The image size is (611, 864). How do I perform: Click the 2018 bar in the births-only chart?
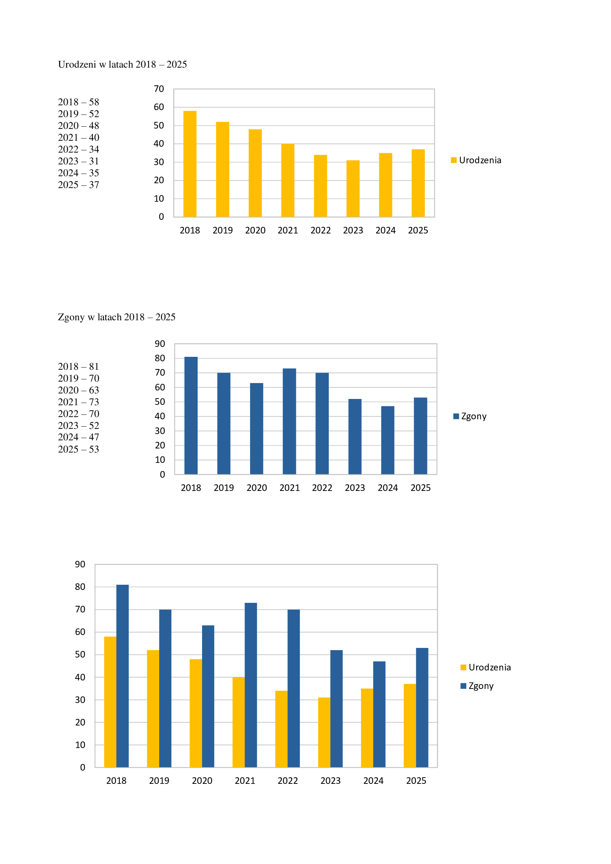point(190,164)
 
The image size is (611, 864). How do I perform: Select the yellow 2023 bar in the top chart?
point(353,188)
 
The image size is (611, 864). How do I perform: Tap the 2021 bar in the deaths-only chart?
point(289,421)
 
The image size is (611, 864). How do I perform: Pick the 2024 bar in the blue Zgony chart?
point(388,440)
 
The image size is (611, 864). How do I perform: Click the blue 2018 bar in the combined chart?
point(122,676)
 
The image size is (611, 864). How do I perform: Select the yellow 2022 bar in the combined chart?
point(281,729)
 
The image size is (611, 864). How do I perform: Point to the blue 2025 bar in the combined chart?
point(422,707)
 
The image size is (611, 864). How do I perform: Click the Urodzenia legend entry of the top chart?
point(476,160)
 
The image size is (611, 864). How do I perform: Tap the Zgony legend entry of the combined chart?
point(477,686)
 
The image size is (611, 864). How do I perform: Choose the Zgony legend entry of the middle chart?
point(470,416)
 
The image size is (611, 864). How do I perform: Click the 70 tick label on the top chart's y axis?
point(159,89)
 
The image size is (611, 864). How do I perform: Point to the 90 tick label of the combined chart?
point(80,564)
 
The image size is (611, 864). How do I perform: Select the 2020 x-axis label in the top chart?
point(255,230)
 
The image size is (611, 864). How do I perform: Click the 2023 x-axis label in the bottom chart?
point(330,781)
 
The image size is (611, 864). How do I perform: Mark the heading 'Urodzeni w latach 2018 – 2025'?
point(122,64)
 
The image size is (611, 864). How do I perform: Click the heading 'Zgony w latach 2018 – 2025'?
point(117,317)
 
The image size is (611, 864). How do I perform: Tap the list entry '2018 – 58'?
point(78,102)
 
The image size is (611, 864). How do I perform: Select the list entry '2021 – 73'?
point(78,402)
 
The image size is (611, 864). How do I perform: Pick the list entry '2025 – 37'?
point(78,185)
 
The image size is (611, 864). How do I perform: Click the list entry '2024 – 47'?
point(78,437)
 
